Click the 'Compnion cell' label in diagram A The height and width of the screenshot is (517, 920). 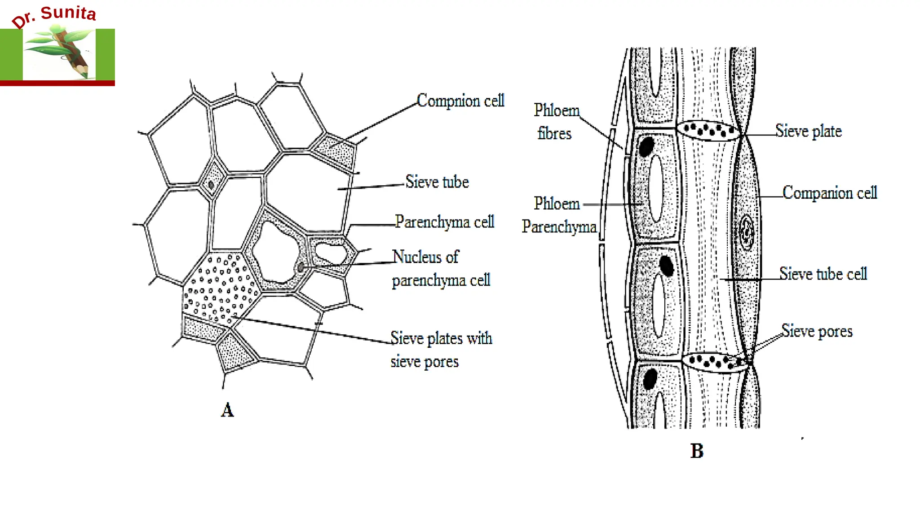(x=460, y=101)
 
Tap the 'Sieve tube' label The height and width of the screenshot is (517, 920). (x=437, y=182)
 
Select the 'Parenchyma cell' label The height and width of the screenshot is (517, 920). (x=444, y=222)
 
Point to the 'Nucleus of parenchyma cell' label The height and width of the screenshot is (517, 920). (x=441, y=268)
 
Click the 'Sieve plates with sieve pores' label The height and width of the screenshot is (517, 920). (x=441, y=350)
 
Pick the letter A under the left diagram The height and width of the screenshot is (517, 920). (x=227, y=410)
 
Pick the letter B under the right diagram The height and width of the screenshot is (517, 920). (x=697, y=451)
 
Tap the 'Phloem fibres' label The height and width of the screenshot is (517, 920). (x=556, y=122)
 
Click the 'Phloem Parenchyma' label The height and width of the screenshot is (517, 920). (x=559, y=215)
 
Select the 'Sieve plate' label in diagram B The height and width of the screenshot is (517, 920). (x=808, y=131)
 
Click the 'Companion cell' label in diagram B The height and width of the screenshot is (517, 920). (x=829, y=193)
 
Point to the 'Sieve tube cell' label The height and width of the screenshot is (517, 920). (x=823, y=273)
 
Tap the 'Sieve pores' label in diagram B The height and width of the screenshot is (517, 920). (x=817, y=331)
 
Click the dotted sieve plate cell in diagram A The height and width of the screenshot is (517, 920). (x=220, y=287)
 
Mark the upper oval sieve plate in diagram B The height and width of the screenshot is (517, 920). (x=708, y=131)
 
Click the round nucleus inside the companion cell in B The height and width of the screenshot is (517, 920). (x=747, y=232)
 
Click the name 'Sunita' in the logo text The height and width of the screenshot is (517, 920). (x=68, y=13)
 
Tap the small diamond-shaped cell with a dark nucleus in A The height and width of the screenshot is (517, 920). (x=212, y=184)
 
